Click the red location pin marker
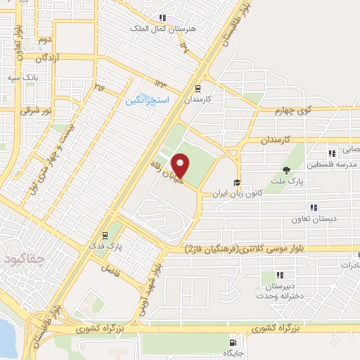(x=181, y=165)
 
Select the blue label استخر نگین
(x=147, y=101)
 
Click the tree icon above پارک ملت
(x=286, y=170)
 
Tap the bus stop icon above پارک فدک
(x=104, y=236)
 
